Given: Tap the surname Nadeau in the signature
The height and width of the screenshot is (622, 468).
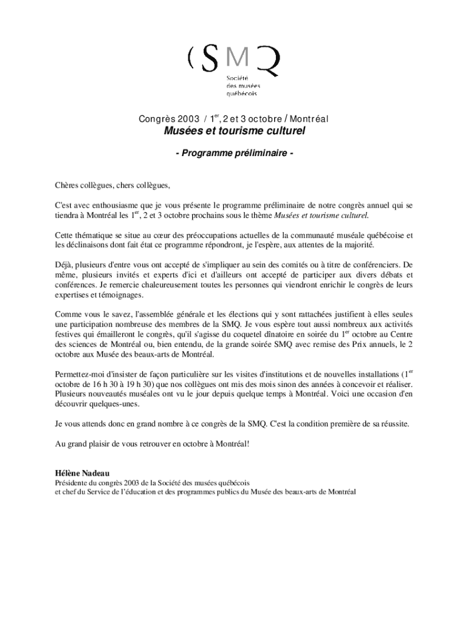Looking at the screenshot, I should [96, 473].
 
